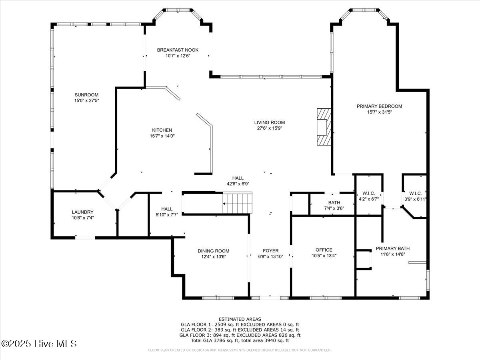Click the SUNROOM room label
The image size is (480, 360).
[86, 95]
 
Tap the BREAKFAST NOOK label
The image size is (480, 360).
[178, 50]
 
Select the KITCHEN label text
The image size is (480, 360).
[162, 130]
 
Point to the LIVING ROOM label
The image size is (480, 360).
[270, 122]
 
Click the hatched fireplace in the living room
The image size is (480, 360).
[324, 127]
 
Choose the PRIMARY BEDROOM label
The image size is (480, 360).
[380, 106]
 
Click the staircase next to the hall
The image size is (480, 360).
[238, 203]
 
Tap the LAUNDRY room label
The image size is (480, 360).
[83, 212]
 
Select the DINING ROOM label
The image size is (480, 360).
[214, 251]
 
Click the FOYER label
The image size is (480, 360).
[271, 251]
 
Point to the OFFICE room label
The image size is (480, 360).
[324, 250]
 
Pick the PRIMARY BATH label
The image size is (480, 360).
[393, 248]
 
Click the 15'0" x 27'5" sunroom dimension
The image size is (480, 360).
[86, 100]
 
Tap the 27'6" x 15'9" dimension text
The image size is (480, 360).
[270, 128]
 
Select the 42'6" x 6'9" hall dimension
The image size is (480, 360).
[238, 184]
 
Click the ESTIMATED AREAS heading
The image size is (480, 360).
[240, 319]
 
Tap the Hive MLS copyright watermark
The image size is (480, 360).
[39, 344]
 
